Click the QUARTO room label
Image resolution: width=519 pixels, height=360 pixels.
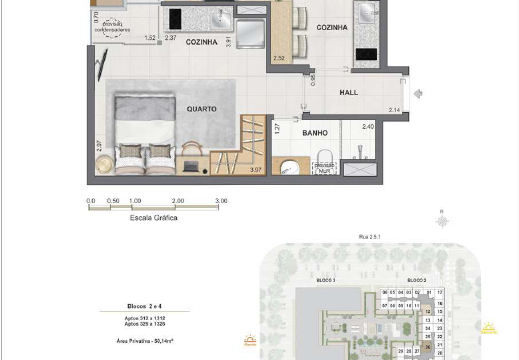click(x=203, y=106)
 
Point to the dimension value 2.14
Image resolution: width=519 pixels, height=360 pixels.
click(x=394, y=109)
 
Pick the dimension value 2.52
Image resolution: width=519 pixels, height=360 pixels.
click(x=278, y=59)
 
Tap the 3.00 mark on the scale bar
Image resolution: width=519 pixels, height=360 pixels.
click(x=221, y=201)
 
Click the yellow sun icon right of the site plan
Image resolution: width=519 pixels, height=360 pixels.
click(x=489, y=326)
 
